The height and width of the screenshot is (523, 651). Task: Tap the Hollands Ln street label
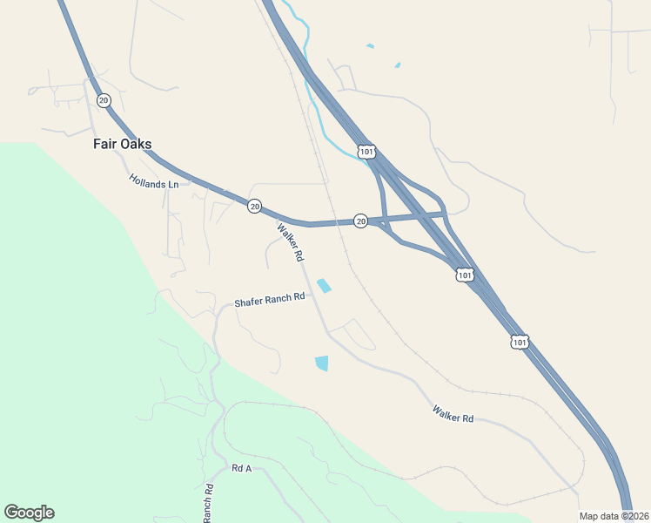pyautogui.click(x=153, y=181)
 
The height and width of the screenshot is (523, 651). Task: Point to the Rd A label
pyautogui.click(x=241, y=468)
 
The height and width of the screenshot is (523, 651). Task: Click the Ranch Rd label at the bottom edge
pyautogui.click(x=209, y=504)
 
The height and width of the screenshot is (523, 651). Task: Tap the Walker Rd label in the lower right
pyautogui.click(x=453, y=414)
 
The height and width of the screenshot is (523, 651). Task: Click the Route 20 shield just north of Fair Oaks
pyautogui.click(x=104, y=100)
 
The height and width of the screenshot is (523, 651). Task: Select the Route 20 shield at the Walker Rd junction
pyautogui.click(x=254, y=206)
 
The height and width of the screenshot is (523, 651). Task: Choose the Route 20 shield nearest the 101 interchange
pyautogui.click(x=360, y=221)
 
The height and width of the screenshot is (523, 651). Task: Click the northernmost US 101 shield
pyautogui.click(x=366, y=153)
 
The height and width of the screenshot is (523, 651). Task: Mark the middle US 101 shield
pyautogui.click(x=465, y=275)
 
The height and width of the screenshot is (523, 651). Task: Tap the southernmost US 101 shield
pyautogui.click(x=520, y=342)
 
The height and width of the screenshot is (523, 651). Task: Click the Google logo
pyautogui.click(x=29, y=513)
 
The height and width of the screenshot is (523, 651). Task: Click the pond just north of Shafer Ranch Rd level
pyautogui.click(x=325, y=285)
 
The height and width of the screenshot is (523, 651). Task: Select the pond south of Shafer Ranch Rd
pyautogui.click(x=322, y=363)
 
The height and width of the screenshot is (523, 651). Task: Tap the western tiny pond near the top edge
pyautogui.click(x=371, y=46)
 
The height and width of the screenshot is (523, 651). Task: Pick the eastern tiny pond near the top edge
pyautogui.click(x=398, y=65)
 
